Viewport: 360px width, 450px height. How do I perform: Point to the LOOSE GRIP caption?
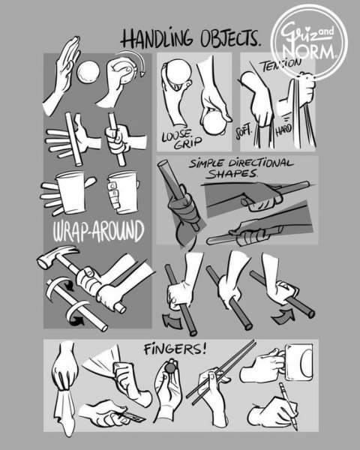[x=177, y=140]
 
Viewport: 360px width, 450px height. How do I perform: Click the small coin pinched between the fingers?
[x=171, y=370]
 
